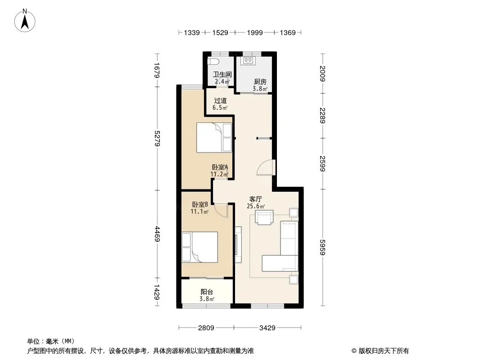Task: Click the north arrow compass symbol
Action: click(25, 21)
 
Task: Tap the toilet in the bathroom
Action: click(213, 62)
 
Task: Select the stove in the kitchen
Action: click(248, 61)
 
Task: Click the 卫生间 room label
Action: click(222, 74)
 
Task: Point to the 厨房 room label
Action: click(260, 81)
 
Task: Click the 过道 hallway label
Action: click(220, 101)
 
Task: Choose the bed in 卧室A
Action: click(214, 137)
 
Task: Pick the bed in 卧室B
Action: click(199, 247)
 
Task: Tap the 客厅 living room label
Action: click(256, 199)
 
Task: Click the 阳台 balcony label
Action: click(207, 292)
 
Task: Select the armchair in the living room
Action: click(264, 217)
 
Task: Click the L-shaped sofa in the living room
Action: click(280, 246)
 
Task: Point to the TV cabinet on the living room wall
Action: click(238, 245)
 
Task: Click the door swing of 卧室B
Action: click(221, 210)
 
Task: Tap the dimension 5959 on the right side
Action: click(322, 247)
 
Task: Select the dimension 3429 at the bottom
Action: click(267, 328)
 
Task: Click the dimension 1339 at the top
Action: click(192, 33)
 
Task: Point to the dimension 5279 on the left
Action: click(157, 138)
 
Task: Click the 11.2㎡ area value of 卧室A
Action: click(219, 174)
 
